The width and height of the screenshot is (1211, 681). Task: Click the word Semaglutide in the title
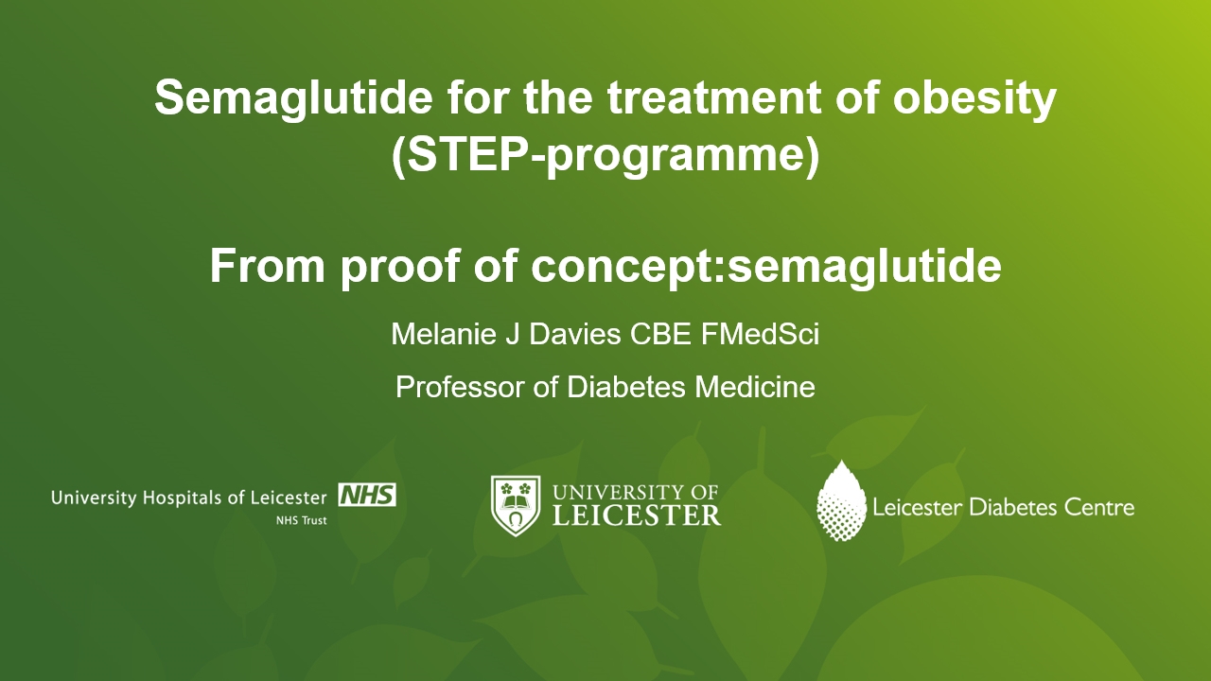coord(293,97)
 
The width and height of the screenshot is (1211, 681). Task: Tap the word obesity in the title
coord(974,97)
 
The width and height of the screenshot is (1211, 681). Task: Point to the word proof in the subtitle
coord(401,267)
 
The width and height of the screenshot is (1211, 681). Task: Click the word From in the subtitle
coord(267,266)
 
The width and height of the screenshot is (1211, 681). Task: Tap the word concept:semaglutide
coord(766,267)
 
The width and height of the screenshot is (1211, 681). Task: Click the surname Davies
coord(574,334)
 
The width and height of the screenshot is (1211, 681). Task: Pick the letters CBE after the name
coord(660,334)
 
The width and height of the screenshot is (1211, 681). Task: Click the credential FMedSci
coord(760,334)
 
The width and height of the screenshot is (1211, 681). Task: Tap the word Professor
coord(460,387)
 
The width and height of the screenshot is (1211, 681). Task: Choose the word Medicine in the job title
coord(755,387)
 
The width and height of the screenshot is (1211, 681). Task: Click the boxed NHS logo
coord(367,495)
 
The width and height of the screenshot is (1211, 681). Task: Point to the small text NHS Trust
coord(301,520)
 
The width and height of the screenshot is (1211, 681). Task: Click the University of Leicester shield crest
coord(516,505)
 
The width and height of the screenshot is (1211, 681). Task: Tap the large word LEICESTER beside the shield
coord(637,515)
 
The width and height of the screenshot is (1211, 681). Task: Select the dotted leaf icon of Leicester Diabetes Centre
coord(841,500)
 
